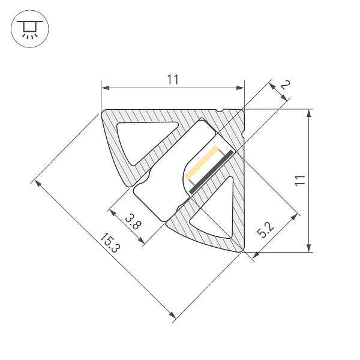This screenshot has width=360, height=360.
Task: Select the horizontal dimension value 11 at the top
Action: pyautogui.click(x=173, y=79)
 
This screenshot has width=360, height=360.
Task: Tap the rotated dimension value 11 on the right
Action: pyautogui.click(x=301, y=180)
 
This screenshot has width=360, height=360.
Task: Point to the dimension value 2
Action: pyautogui.click(x=285, y=88)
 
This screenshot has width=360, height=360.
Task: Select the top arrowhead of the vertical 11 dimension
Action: pyautogui.click(x=308, y=113)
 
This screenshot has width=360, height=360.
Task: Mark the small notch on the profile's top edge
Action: pyautogui.click(x=222, y=110)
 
